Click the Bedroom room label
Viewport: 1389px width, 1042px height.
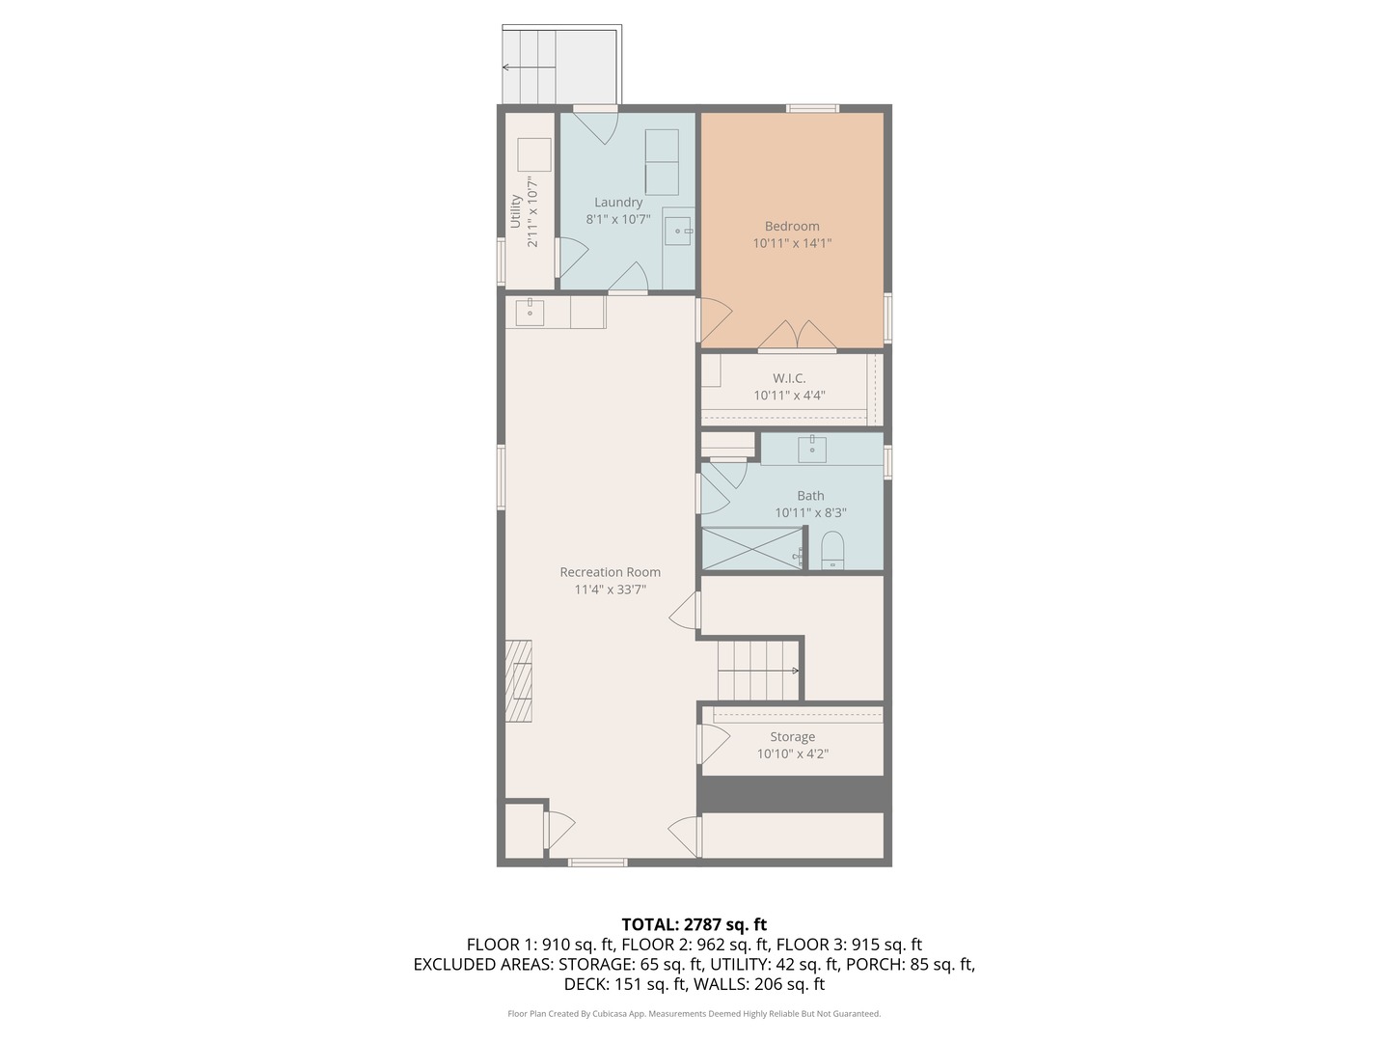click(x=792, y=226)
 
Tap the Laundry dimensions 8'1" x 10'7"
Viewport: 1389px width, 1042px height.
click(x=618, y=220)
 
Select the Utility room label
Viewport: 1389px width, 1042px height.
click(x=515, y=212)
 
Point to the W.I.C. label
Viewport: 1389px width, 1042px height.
click(x=789, y=378)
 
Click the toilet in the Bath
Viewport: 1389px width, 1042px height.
click(x=832, y=551)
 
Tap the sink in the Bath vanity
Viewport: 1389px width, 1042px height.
click(x=812, y=449)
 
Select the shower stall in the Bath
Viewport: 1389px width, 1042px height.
click(x=751, y=549)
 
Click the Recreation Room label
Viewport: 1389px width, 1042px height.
click(x=610, y=572)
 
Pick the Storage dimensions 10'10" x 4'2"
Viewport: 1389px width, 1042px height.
click(x=792, y=754)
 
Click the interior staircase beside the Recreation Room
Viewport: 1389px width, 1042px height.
click(x=759, y=671)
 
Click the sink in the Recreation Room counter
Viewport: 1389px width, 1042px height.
click(x=530, y=313)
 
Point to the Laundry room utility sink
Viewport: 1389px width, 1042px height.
click(x=678, y=231)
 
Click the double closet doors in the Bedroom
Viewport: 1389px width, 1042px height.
click(x=798, y=335)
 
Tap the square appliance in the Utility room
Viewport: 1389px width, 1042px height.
click(x=533, y=154)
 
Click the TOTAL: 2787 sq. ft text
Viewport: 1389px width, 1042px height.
click(x=694, y=924)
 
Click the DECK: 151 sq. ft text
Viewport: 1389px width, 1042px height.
click(x=624, y=984)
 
